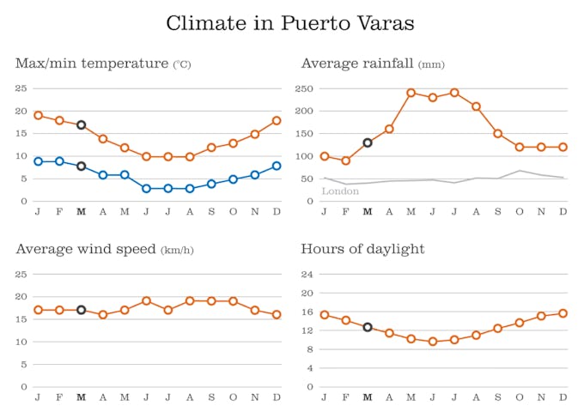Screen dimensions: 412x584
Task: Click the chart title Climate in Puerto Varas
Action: (x=290, y=23)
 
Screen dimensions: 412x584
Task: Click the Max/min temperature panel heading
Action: (x=103, y=64)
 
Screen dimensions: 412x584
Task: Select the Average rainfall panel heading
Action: (x=373, y=64)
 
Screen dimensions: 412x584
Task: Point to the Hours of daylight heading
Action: (x=363, y=249)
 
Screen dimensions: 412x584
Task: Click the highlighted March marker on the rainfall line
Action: (x=368, y=142)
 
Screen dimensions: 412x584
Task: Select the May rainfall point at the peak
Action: (x=411, y=93)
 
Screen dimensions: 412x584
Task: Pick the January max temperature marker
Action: (x=38, y=115)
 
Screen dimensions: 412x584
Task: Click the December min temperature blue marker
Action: (x=277, y=166)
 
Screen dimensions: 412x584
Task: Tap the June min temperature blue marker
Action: (x=147, y=188)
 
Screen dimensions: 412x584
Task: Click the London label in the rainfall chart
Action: (x=340, y=191)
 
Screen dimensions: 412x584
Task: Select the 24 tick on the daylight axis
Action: (x=307, y=274)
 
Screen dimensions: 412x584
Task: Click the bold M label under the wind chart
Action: (x=82, y=398)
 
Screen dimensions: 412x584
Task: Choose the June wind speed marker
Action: (x=147, y=301)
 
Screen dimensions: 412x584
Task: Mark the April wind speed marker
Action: (x=103, y=315)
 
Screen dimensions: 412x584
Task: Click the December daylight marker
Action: (x=563, y=313)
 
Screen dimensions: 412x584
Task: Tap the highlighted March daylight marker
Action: (x=368, y=327)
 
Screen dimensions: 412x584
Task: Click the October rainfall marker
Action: (x=520, y=147)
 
